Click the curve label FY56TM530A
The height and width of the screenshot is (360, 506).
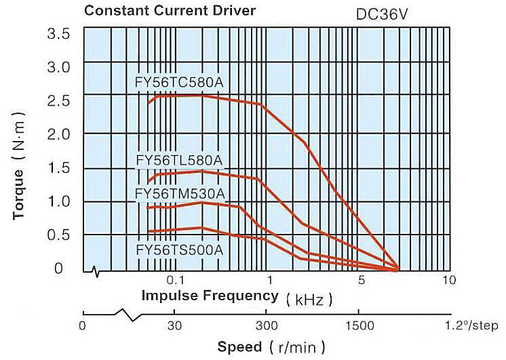pos(180,195)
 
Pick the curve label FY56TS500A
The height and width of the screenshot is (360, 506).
pos(180,249)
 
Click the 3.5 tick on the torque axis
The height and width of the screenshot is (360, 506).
pos(58,33)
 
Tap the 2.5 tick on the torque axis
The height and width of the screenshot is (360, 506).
pos(58,100)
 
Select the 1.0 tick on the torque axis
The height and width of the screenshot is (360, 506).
pos(58,201)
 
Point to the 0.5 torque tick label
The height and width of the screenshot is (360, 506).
pos(58,235)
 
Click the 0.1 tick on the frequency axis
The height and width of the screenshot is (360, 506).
pos(176,280)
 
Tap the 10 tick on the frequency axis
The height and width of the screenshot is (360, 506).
pos(447,280)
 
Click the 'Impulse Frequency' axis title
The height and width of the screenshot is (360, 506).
pos(210,296)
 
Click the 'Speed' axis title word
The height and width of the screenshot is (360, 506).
pos(239,346)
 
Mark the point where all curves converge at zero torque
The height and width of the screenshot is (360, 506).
pos(398,270)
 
